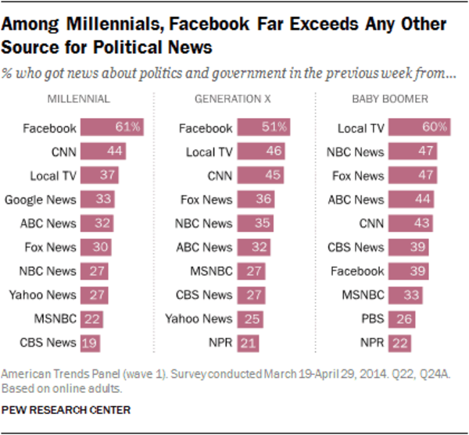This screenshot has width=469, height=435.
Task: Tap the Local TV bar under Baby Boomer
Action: coord(417,127)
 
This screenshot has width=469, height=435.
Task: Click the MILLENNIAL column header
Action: coord(78,99)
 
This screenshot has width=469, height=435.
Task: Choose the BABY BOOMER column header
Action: coord(390,99)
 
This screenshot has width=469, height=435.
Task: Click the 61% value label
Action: coord(129,127)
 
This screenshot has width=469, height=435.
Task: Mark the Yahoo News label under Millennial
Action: coord(43,296)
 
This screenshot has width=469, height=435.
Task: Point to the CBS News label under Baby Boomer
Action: coord(356,248)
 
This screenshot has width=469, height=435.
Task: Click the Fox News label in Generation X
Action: coord(207,199)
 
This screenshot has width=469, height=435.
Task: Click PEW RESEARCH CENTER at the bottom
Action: coord(66,410)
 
